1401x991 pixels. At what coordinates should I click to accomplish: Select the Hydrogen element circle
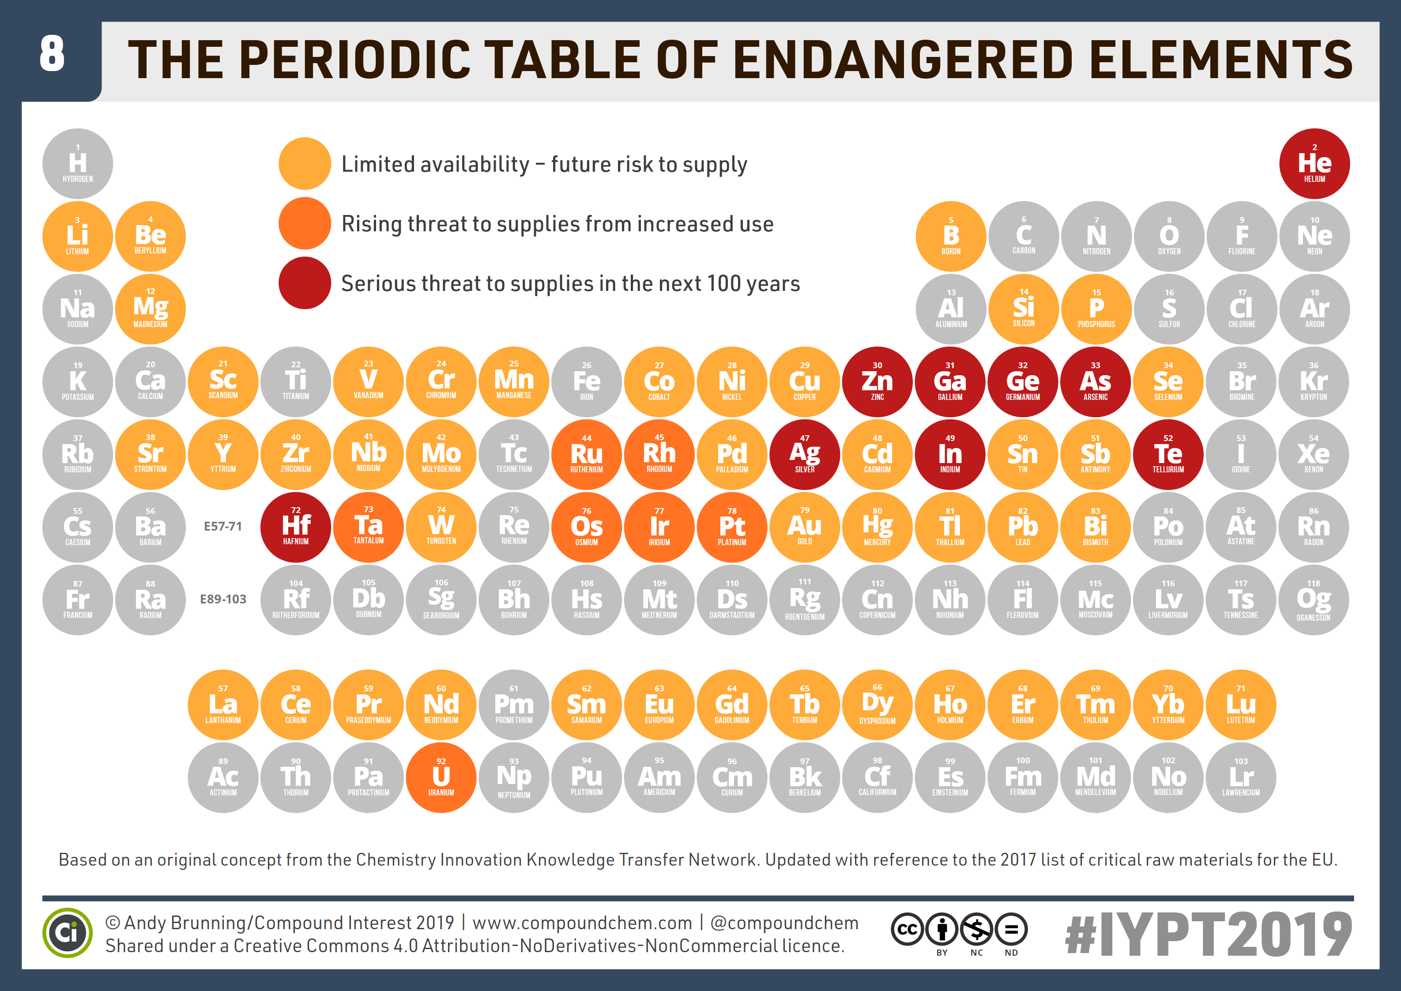click(x=78, y=163)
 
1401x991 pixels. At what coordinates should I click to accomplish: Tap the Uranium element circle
click(x=441, y=777)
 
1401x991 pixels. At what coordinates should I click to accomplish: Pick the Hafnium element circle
click(x=295, y=527)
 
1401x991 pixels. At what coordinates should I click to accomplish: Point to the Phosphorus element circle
click(x=1096, y=309)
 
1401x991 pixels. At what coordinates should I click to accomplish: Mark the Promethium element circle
click(x=514, y=705)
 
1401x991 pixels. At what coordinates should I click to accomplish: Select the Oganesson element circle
click(x=1313, y=600)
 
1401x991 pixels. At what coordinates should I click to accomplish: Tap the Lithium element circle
click(x=78, y=236)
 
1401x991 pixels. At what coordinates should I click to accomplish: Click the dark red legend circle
click(x=305, y=283)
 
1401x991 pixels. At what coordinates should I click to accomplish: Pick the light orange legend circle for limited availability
click(x=305, y=163)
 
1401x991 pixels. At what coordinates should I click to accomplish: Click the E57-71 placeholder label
click(x=223, y=527)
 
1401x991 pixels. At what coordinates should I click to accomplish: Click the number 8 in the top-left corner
click(x=52, y=54)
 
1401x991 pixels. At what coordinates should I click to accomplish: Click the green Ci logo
click(x=67, y=932)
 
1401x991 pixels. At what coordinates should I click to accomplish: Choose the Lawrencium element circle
click(x=1240, y=777)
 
